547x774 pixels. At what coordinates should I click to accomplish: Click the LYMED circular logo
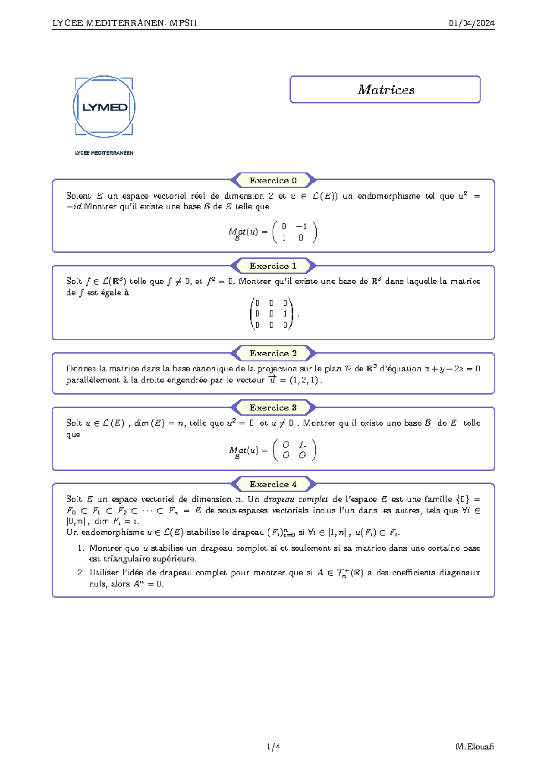[x=104, y=107]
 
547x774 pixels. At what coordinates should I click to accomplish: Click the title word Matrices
[x=386, y=90]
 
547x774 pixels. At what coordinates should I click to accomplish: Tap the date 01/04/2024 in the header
[x=471, y=23]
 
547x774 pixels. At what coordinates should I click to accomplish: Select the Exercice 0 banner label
[x=273, y=181]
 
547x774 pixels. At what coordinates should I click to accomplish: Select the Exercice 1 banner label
[x=273, y=266]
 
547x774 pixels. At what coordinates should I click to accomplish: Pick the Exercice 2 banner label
[x=273, y=353]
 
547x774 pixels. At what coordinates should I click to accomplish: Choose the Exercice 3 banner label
[x=273, y=408]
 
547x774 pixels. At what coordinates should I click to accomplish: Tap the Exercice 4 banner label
[x=273, y=484]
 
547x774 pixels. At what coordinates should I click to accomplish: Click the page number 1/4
[x=273, y=747]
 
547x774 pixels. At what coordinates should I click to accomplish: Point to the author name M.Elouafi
[x=475, y=747]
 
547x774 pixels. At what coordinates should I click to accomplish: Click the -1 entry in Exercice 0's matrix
[x=301, y=226]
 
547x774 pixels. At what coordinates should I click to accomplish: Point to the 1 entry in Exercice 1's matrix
[x=285, y=314]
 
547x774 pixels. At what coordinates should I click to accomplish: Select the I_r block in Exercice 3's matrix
[x=303, y=445]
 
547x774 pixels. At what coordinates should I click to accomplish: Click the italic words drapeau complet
[x=295, y=499]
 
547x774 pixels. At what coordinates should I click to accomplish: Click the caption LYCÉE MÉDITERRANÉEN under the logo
[x=104, y=153]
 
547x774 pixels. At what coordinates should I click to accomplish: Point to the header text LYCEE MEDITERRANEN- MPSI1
[x=124, y=23]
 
